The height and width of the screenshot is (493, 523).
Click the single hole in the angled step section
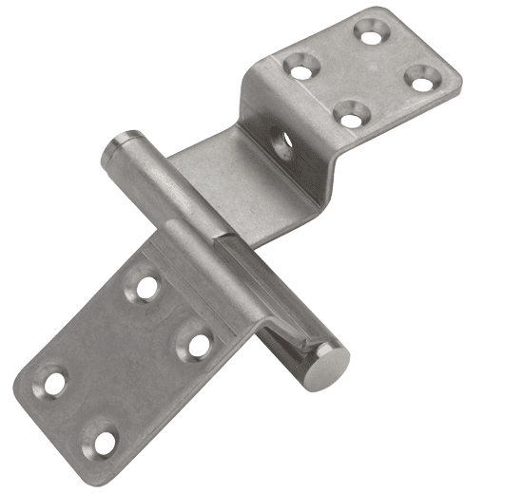point(282,142)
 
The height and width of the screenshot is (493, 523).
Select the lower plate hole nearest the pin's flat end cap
point(198,345)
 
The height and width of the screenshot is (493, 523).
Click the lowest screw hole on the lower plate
point(104,442)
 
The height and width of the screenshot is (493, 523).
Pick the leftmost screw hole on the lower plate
point(54,383)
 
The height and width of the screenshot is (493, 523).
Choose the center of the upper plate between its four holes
point(359,74)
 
